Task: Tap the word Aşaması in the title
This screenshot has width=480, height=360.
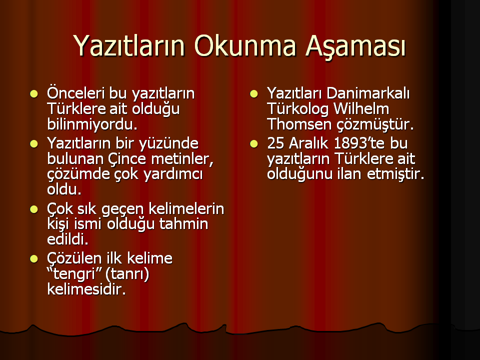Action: point(355,47)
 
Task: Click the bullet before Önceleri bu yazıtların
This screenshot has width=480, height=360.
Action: point(33,93)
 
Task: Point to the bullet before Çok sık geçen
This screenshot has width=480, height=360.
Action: point(33,209)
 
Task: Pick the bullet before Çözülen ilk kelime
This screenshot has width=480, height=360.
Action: point(33,259)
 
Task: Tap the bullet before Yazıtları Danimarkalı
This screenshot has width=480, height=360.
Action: point(254,93)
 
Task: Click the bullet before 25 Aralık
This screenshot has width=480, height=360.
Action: point(254,143)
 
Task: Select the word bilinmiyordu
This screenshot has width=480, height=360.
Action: point(92,124)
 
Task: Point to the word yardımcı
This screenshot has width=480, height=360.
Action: point(173,174)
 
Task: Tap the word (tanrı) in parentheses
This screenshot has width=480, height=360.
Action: point(127,274)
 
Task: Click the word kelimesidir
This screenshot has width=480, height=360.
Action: point(86,289)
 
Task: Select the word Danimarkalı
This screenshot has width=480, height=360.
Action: point(368,93)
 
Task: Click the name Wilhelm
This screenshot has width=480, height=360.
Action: point(361,108)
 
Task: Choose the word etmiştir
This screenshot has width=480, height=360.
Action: point(395,174)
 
